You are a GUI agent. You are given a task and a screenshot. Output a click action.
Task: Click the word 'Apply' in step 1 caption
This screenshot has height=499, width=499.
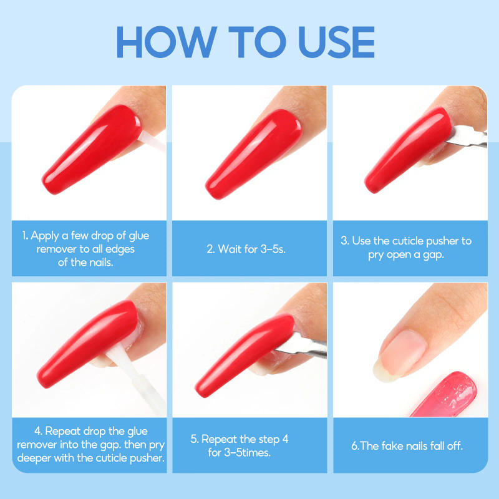tap(46, 236)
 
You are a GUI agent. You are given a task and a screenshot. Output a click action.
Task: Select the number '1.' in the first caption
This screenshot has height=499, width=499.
tap(26, 236)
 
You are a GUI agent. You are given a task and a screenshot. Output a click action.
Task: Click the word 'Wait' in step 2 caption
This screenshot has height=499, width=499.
tap(229, 249)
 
